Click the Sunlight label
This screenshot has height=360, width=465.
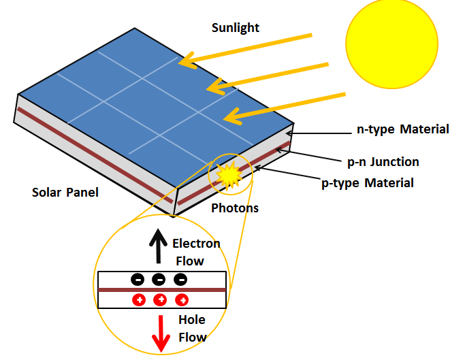pyautogui.click(x=235, y=28)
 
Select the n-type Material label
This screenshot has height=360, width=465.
pyautogui.click(x=403, y=129)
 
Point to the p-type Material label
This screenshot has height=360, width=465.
pyautogui.click(x=368, y=182)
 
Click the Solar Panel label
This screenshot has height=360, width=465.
pyautogui.click(x=65, y=193)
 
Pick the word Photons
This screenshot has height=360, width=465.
pyautogui.click(x=235, y=208)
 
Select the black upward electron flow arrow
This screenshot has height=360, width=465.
pyautogui.click(x=159, y=246)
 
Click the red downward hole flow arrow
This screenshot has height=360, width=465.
pyautogui.click(x=161, y=333)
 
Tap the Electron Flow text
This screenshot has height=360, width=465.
pyautogui.click(x=196, y=252)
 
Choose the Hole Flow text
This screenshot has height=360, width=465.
pyautogui.click(x=192, y=328)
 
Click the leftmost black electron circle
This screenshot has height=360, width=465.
pyautogui.click(x=137, y=279)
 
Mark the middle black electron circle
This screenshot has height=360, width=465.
pyautogui.click(x=159, y=279)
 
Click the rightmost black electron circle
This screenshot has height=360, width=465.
pyautogui.click(x=180, y=279)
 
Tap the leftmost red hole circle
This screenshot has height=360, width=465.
pyautogui.click(x=139, y=299)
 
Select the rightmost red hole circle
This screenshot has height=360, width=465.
pyautogui.click(x=182, y=299)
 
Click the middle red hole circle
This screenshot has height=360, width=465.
pyautogui.click(x=161, y=299)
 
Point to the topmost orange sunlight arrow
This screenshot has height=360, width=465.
pyautogui.click(x=245, y=48)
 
